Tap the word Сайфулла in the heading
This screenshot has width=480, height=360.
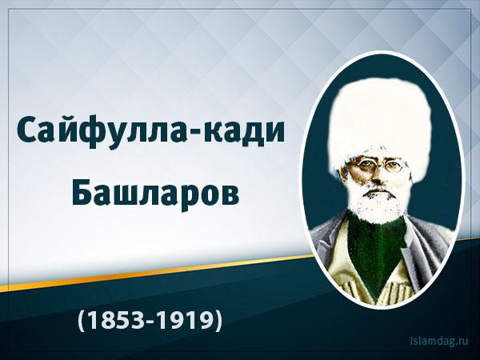(101, 132)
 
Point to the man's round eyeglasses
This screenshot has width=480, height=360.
(379, 166)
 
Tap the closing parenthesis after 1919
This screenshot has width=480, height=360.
(219, 321)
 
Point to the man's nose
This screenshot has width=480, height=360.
(377, 175)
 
